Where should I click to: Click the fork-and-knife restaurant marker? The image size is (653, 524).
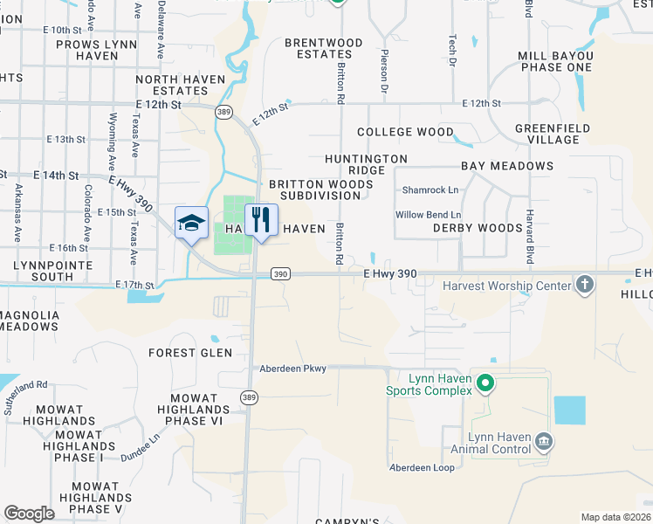pyautogui.click(x=260, y=222)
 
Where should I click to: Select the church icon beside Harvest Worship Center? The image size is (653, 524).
pyautogui.click(x=584, y=285)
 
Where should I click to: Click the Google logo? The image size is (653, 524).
pyautogui.click(x=29, y=514)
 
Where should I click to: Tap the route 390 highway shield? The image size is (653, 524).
pyautogui.click(x=279, y=274)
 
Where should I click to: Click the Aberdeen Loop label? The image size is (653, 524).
pyautogui.click(x=423, y=468)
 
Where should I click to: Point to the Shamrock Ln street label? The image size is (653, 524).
pyautogui.click(x=430, y=190)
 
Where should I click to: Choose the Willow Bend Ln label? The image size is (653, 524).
pyautogui.click(x=428, y=215)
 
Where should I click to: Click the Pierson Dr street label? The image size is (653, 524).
pyautogui.click(x=383, y=71)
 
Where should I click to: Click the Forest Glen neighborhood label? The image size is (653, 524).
pyautogui.click(x=190, y=353)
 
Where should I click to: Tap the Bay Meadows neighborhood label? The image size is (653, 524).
pyautogui.click(x=507, y=166)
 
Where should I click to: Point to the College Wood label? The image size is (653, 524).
pyautogui.click(x=405, y=133)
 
